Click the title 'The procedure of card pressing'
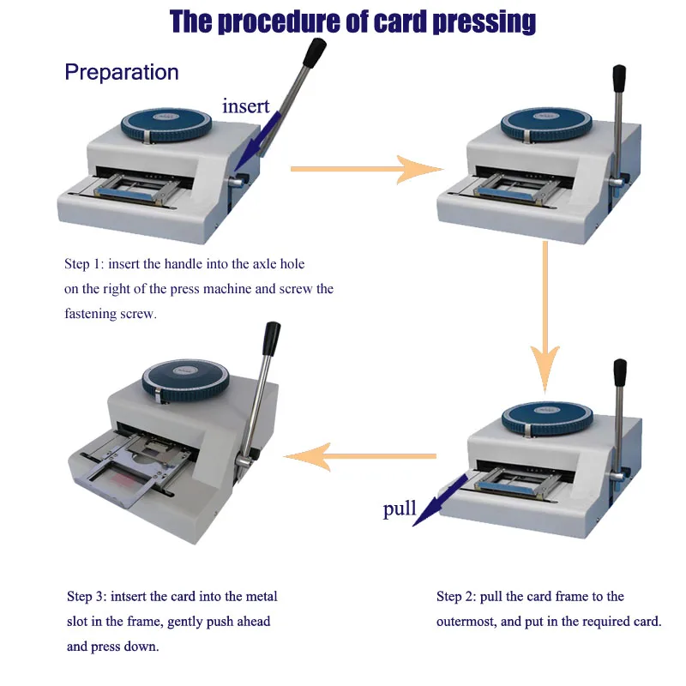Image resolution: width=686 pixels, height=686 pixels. [x=352, y=21]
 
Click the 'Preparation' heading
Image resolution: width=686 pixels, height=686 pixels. [x=122, y=72]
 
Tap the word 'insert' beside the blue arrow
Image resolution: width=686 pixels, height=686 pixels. [x=246, y=107]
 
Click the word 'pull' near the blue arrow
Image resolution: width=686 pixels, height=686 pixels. [x=400, y=509]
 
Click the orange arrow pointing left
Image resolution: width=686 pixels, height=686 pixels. [x=360, y=456]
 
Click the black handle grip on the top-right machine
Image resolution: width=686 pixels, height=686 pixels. [x=617, y=81]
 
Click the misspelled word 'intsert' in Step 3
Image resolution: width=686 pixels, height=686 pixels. [x=128, y=596]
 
